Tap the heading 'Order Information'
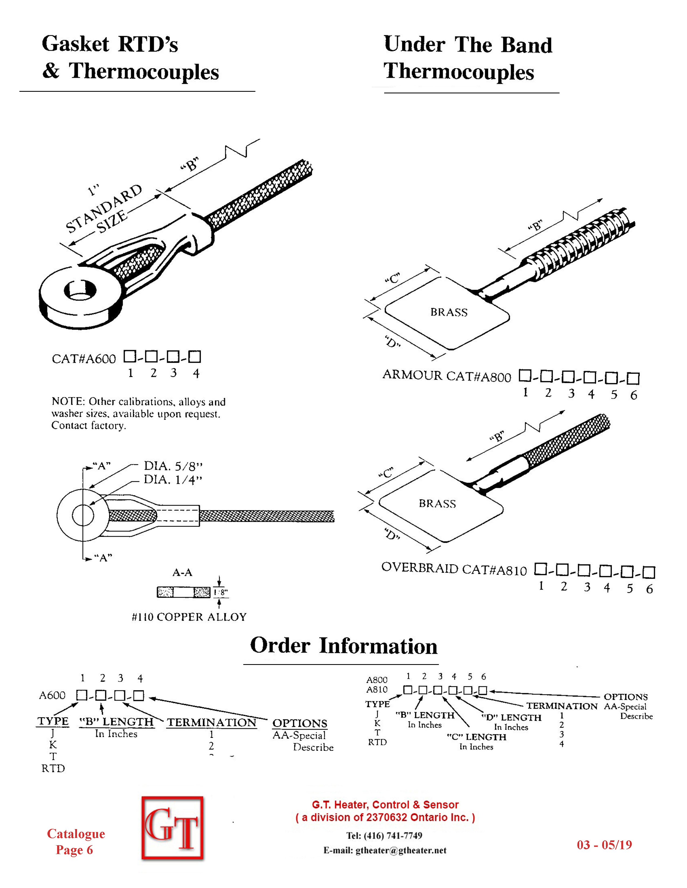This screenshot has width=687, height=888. pos(343,646)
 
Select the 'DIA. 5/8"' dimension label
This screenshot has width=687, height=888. pos(173,466)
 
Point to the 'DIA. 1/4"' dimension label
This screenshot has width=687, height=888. pos(173,480)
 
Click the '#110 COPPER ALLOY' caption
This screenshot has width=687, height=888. pos(189,617)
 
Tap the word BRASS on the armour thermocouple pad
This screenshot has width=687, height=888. pos(449,312)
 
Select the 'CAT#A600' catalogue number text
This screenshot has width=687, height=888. pos(84,359)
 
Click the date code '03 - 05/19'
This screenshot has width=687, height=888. pos(604,845)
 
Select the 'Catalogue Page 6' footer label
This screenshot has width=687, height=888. pos(76,842)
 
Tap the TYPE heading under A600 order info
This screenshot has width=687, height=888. pos(53,721)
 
